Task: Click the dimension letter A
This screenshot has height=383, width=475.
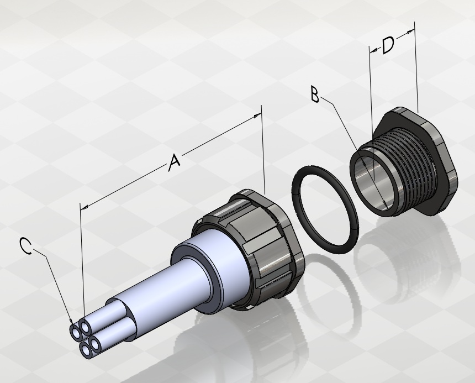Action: coord(174,162)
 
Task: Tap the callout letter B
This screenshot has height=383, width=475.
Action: coord(315,94)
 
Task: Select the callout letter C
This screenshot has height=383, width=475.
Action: coord(26,246)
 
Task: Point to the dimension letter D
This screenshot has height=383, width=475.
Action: coord(388,45)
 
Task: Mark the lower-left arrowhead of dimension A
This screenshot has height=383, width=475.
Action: coord(84,208)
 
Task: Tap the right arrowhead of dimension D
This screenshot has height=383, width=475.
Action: coord(410,31)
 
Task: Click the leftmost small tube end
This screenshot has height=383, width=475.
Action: coord(76,332)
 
